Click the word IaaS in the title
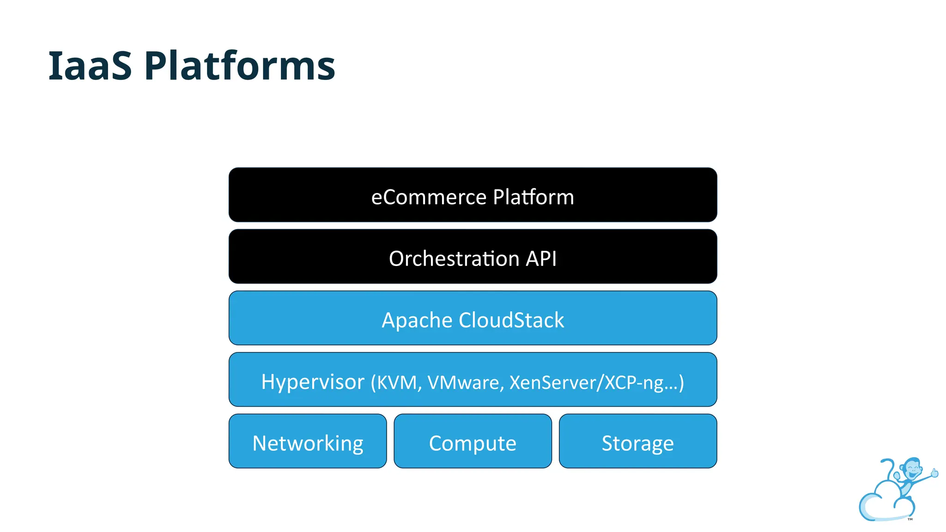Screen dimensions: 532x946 click(90, 66)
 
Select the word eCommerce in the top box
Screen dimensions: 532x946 click(429, 197)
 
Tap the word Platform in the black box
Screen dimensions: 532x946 click(533, 197)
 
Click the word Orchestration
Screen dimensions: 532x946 click(455, 259)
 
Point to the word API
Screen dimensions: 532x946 click(541, 259)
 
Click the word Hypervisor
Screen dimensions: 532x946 click(313, 382)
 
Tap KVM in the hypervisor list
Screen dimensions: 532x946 click(397, 383)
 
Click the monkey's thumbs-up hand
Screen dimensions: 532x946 click(934, 472)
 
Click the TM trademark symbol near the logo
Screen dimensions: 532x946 click(910, 519)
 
